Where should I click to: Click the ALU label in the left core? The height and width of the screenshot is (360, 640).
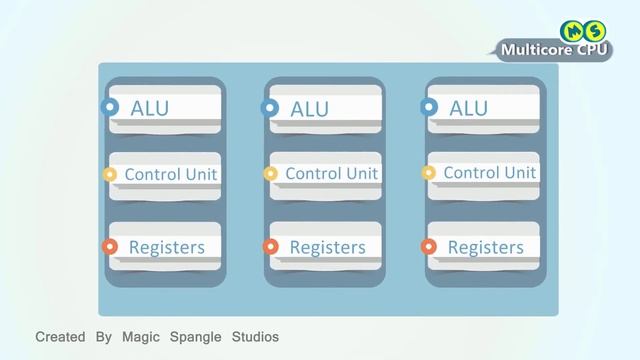click(150, 107)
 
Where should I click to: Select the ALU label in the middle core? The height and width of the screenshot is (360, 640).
click(309, 109)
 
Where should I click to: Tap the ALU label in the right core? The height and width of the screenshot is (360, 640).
click(469, 106)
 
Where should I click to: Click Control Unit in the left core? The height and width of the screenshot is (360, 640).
click(171, 174)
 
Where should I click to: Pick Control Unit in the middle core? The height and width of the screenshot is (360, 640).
click(332, 173)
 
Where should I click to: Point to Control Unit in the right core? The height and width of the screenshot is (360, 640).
click(490, 172)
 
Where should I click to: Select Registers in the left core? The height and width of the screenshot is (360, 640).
click(167, 246)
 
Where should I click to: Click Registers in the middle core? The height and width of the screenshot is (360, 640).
click(327, 246)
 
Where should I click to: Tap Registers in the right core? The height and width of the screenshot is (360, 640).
click(486, 246)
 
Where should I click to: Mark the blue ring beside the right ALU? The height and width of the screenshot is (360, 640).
click(429, 105)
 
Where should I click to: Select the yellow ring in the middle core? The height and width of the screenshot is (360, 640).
click(270, 174)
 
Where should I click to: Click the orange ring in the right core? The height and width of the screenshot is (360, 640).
click(429, 246)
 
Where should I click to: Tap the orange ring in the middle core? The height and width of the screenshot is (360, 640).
click(270, 246)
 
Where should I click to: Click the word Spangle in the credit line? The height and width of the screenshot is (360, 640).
click(193, 337)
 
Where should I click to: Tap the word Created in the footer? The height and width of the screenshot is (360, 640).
click(61, 337)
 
